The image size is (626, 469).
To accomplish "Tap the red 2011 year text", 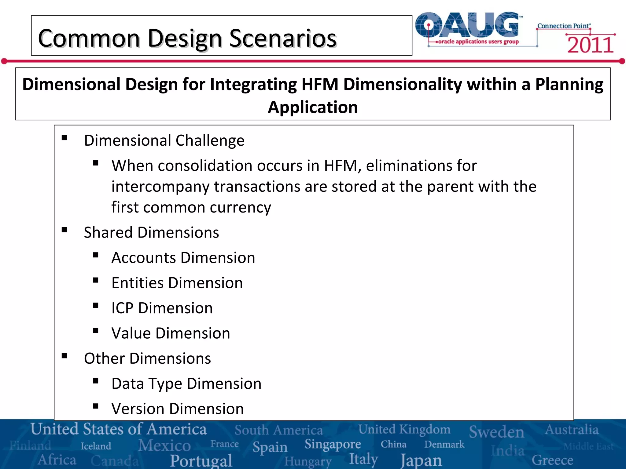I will click(x=590, y=45).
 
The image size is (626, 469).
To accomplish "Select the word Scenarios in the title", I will click(x=283, y=38).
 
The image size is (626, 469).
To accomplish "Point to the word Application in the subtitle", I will click(x=313, y=107).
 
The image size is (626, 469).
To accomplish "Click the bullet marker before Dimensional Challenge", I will click(x=64, y=138).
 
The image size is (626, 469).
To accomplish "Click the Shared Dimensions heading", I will click(x=151, y=233).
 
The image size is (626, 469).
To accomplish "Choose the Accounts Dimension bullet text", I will click(x=183, y=258).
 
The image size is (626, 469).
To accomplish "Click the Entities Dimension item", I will click(x=177, y=283).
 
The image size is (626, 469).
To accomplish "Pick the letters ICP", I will click(x=122, y=308).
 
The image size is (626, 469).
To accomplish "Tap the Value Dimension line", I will click(x=171, y=333).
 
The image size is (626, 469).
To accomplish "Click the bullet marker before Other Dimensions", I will click(x=64, y=356).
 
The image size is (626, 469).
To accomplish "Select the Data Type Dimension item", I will click(x=186, y=384).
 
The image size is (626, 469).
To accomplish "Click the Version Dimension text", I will click(x=178, y=409).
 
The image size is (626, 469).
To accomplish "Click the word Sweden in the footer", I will click(x=496, y=432).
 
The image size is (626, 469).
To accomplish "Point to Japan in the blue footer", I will click(x=421, y=460).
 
